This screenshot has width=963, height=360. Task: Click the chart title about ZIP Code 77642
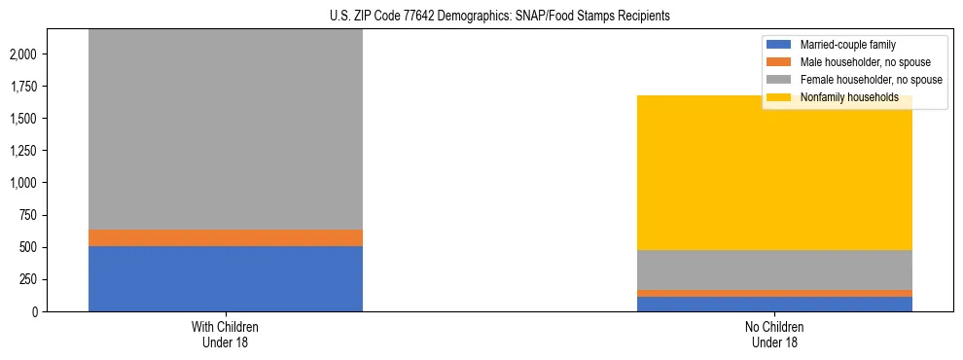(481, 17)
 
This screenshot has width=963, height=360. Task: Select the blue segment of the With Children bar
(226, 278)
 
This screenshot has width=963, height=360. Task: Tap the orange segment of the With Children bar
(226, 237)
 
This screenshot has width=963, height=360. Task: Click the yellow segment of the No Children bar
(775, 173)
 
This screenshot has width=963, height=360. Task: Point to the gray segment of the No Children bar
(775, 270)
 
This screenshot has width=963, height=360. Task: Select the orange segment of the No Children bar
(775, 293)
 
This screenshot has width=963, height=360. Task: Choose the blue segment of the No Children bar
(775, 304)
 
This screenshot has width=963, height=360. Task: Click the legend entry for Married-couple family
(847, 45)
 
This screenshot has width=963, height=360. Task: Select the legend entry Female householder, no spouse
(871, 80)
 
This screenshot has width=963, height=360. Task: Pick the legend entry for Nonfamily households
(848, 97)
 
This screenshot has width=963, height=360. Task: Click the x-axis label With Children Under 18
(226, 334)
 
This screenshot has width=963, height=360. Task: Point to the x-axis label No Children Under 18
(775, 334)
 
